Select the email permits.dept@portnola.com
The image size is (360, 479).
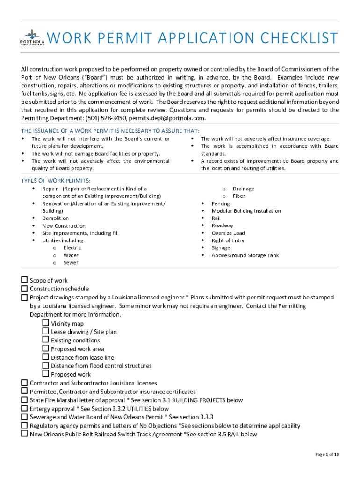[x=167, y=118]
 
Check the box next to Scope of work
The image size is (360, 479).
[x=24, y=280]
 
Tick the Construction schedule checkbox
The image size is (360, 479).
[x=24, y=288]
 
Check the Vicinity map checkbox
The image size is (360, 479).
[x=45, y=323]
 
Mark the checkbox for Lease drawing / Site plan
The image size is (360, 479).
[x=45, y=331]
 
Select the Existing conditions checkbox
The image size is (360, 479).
[x=45, y=340]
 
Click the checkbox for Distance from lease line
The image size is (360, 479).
[x=45, y=357]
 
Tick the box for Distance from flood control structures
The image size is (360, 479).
[x=45, y=365]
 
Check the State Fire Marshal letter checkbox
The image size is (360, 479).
[x=24, y=399]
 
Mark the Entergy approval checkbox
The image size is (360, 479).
[x=24, y=408]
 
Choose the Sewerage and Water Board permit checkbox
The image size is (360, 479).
[x=24, y=416]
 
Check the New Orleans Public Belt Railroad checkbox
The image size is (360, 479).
[x=24, y=434]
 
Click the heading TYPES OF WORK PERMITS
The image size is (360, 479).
[x=56, y=181]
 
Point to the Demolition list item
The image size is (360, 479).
[x=55, y=218]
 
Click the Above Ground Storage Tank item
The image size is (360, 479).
[x=245, y=255]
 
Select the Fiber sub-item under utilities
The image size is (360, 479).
[x=239, y=196]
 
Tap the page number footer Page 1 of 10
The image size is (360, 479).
[x=327, y=455]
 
